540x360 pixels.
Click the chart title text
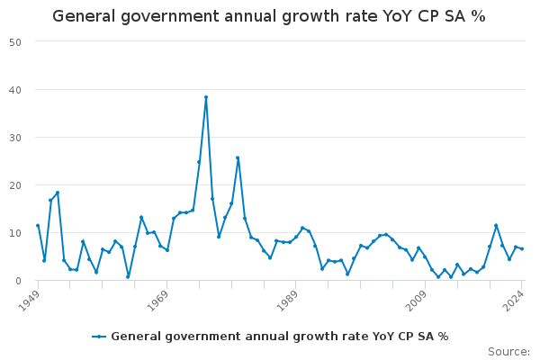(x=269, y=16)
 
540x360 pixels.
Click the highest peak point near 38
(x=206, y=97)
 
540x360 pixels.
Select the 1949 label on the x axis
(x=31, y=299)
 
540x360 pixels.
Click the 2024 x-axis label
(x=514, y=299)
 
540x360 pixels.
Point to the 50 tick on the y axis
(x=16, y=41)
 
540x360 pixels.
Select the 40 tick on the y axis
(x=16, y=90)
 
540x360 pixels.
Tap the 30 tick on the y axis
(x=16, y=138)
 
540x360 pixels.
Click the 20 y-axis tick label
(x=16, y=185)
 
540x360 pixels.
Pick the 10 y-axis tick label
(x=16, y=233)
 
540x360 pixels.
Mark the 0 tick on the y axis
(x=19, y=281)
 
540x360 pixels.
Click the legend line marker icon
(x=99, y=337)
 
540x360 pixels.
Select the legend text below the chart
(x=279, y=337)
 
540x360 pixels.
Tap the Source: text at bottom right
(x=508, y=351)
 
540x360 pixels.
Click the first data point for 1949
(x=38, y=226)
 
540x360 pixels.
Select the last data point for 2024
(x=522, y=248)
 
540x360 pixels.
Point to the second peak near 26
(x=238, y=157)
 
